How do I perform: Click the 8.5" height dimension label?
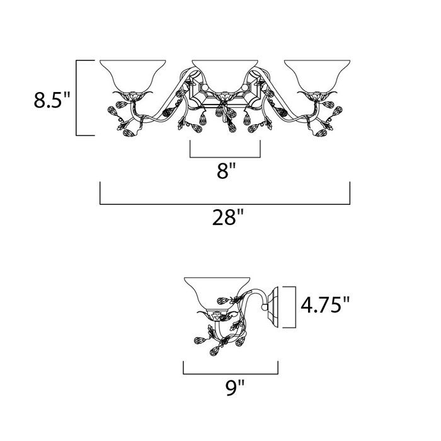pyautogui.click(x=52, y=100)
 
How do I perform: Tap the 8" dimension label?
pyautogui.click(x=226, y=171)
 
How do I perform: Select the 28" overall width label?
pyautogui.click(x=228, y=217)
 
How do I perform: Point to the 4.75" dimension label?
pyautogui.click(x=325, y=305)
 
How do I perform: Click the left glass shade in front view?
pyautogui.click(x=133, y=76)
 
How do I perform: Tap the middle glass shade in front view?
pyautogui.click(x=225, y=76)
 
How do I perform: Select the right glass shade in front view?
pyautogui.click(x=318, y=76)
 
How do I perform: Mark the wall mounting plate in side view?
pyautogui.click(x=273, y=307)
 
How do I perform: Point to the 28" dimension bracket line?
pyautogui.click(x=225, y=204)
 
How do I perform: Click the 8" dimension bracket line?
pyautogui.click(x=225, y=157)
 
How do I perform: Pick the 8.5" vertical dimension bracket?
pyautogui.click(x=76, y=98)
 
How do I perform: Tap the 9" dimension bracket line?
pyautogui.click(x=231, y=374)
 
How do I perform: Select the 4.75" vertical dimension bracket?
pyautogui.click(x=295, y=307)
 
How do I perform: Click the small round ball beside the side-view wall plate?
pyautogui.click(x=265, y=307)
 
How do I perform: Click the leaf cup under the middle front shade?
pyautogui.click(x=224, y=96)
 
